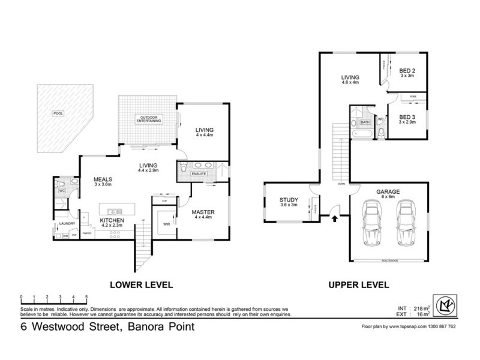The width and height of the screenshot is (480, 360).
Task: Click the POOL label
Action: point(58,113)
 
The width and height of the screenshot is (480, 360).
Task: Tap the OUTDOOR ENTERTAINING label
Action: point(149,119)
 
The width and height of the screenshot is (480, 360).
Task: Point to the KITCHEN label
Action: point(112,221)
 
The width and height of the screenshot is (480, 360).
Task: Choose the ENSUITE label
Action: point(199,174)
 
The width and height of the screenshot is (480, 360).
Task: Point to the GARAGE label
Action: point(388,192)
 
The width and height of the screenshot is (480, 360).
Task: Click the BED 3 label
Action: point(407,117)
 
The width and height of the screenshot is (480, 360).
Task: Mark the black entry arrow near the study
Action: point(334,218)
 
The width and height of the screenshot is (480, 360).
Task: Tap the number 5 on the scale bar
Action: point(87,297)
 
